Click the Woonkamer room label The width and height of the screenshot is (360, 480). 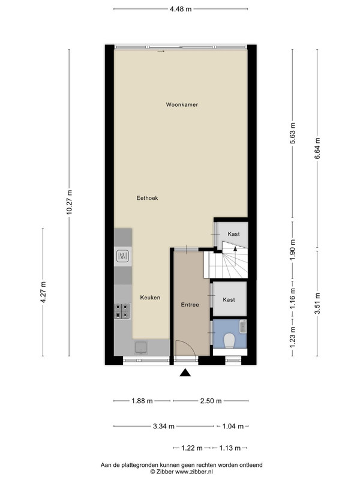point(182,104)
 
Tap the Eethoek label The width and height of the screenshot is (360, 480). point(147,198)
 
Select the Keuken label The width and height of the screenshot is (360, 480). point(150,298)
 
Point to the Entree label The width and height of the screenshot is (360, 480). point(190,305)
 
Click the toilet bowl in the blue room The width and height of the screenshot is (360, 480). point(229,341)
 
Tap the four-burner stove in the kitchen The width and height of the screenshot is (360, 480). point(122,311)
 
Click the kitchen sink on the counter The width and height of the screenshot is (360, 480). point(140,347)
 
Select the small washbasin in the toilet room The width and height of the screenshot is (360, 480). point(243,326)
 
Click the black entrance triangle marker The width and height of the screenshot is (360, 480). point(185,373)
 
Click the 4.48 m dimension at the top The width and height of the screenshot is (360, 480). point(181,9)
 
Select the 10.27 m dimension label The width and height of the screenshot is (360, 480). point(70,202)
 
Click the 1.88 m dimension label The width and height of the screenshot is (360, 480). point(142,401)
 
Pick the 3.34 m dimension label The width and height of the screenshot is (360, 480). point(164,426)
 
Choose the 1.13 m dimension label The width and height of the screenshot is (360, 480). point(230,448)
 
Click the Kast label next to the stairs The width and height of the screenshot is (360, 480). point(233,234)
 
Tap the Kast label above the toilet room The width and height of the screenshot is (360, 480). point(229,299)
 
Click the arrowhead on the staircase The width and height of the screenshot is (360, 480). point(235,248)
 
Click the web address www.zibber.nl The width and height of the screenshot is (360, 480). point(194,472)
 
